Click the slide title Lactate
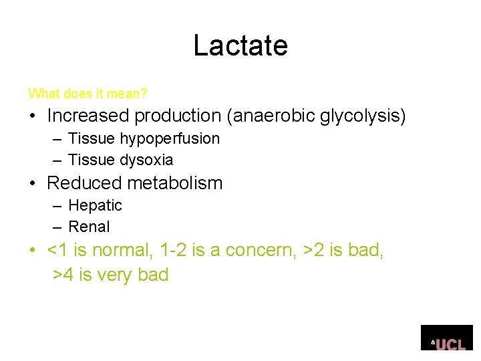[240, 45]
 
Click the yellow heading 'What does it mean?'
[88, 94]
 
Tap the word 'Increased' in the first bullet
[88, 116]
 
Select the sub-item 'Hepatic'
[95, 205]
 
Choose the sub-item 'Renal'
[89, 227]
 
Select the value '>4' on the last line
[63, 275]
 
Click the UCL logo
[448, 338]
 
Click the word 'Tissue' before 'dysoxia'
[92, 160]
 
